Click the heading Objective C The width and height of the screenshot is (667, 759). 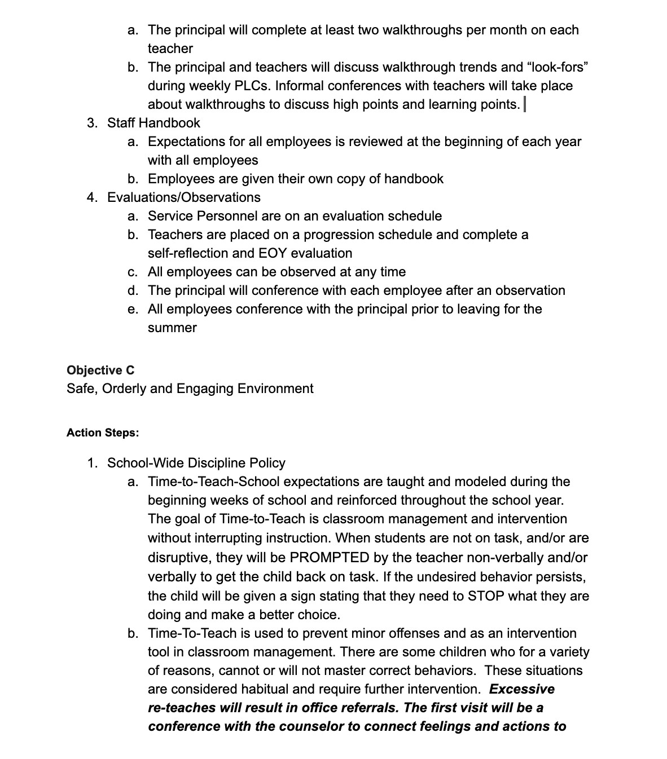[x=100, y=370]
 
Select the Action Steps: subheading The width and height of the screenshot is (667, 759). [x=103, y=433]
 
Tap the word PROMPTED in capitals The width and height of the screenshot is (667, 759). [x=329, y=558]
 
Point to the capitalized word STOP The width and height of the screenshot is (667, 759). [x=486, y=596]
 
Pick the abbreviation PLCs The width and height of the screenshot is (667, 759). [x=251, y=86]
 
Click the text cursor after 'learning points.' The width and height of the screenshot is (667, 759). [x=525, y=104]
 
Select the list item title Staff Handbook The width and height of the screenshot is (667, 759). [x=153, y=123]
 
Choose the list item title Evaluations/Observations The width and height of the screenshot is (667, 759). [x=183, y=197]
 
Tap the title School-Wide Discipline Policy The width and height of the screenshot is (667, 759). [x=196, y=463]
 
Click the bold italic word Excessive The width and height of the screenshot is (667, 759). [x=521, y=689]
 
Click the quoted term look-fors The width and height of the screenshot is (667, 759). [x=558, y=67]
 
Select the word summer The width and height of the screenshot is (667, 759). [x=172, y=328]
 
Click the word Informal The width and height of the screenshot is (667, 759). [x=299, y=86]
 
